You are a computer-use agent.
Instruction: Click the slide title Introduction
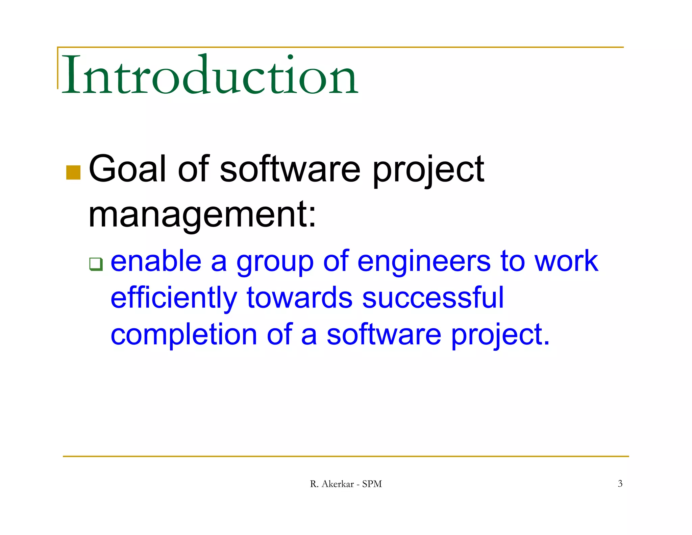(209, 75)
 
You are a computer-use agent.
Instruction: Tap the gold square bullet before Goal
(73, 172)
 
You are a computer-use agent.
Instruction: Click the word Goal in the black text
(127, 169)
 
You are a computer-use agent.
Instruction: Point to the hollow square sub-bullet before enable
(96, 264)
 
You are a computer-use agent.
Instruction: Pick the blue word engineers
(424, 262)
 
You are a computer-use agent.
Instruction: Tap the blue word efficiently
(174, 298)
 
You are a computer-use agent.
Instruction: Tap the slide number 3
(620, 484)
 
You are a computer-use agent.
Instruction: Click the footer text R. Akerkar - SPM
(346, 484)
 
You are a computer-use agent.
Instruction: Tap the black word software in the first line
(290, 169)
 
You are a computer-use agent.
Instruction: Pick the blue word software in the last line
(384, 335)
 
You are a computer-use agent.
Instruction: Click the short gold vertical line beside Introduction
(58, 68)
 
